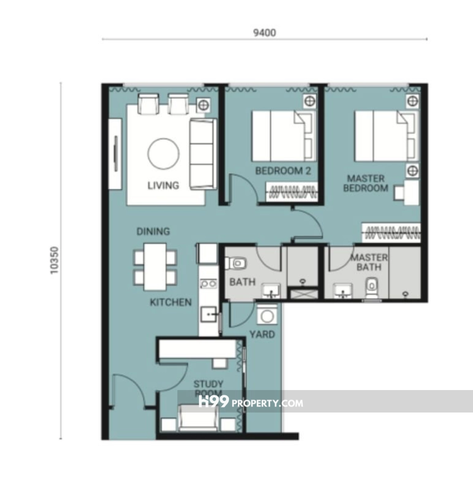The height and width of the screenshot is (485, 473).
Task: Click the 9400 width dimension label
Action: [264, 33]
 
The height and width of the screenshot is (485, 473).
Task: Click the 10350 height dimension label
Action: [54, 260]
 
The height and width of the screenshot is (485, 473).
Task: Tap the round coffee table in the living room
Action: [163, 154]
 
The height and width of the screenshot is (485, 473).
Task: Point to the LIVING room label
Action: [163, 186]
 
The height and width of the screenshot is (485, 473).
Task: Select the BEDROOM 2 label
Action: [283, 171]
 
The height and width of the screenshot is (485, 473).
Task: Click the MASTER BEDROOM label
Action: [366, 183]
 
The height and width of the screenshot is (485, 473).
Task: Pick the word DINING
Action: [153, 232]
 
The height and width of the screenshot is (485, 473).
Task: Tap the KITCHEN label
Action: [171, 302]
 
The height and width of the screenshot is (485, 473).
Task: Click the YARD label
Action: [262, 334]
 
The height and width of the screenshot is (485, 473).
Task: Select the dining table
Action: [155, 267]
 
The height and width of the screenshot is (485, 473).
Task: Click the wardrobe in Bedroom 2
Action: [292, 192]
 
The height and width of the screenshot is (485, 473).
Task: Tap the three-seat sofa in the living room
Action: [203, 154]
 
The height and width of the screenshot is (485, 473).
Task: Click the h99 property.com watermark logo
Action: [251, 402]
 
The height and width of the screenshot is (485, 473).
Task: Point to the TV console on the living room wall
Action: [115, 154]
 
